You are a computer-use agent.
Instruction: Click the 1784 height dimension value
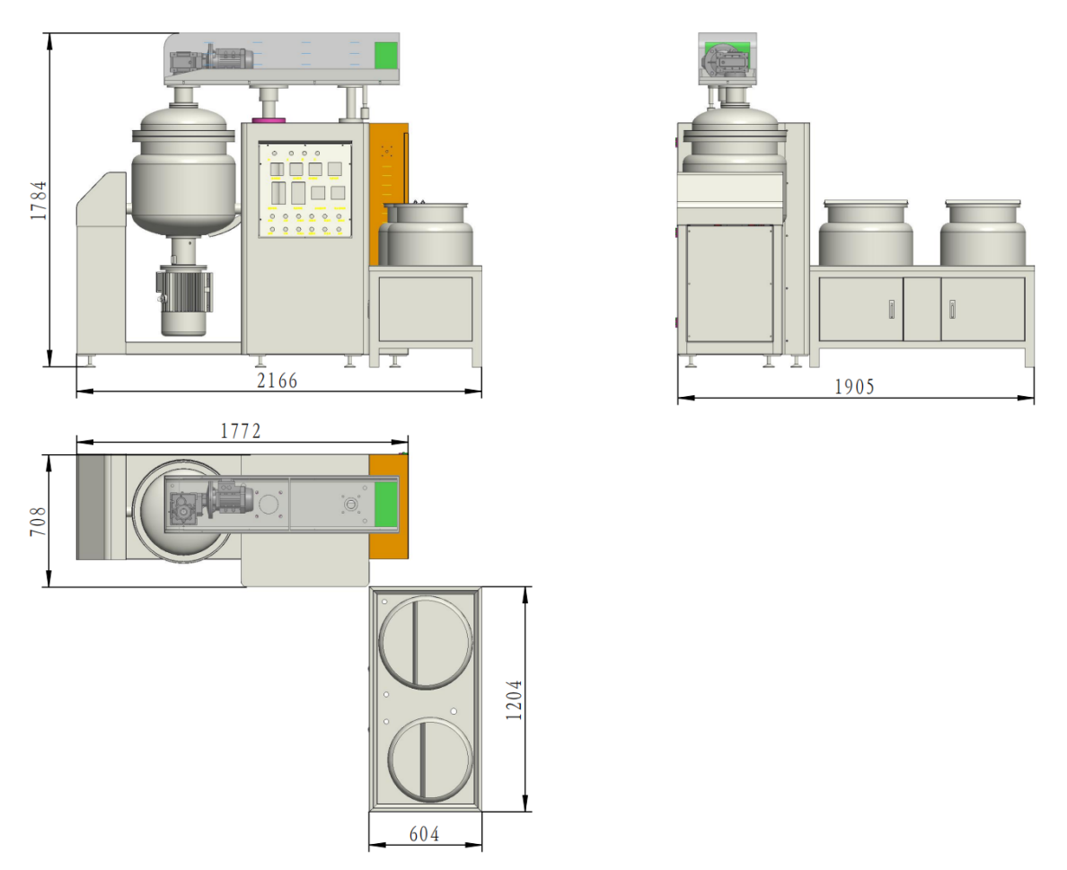click(x=39, y=200)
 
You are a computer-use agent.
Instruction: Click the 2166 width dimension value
click(x=277, y=381)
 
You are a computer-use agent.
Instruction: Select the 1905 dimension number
click(x=854, y=387)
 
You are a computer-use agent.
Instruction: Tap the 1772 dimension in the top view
click(x=240, y=431)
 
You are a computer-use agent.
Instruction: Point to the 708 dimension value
click(x=39, y=521)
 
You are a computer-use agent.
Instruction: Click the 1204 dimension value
click(x=515, y=699)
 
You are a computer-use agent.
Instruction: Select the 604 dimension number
click(x=424, y=834)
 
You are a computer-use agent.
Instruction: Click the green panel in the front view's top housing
click(x=386, y=55)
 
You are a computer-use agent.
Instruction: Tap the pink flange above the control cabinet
click(x=269, y=120)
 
